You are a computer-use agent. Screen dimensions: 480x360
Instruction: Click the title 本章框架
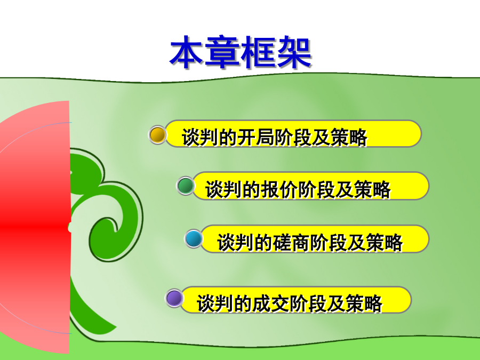click(x=241, y=52)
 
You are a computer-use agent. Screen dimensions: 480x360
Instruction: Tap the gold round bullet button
click(x=157, y=135)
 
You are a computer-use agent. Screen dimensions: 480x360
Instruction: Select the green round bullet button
click(x=186, y=186)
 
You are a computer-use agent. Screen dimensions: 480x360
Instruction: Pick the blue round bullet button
click(x=194, y=239)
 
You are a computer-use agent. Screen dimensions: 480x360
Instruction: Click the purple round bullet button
click(x=174, y=298)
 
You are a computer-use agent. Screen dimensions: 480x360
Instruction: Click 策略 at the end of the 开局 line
click(x=349, y=137)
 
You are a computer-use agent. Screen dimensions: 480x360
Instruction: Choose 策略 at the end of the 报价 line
click(x=373, y=189)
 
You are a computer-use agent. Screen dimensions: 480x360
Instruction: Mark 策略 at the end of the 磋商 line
click(x=384, y=243)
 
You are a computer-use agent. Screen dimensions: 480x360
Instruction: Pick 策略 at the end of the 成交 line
click(x=364, y=303)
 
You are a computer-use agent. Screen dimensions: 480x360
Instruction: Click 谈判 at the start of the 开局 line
click(x=200, y=137)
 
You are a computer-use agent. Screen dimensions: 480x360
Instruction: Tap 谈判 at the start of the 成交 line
click(x=215, y=303)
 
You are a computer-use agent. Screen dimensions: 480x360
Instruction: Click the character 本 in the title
click(x=187, y=52)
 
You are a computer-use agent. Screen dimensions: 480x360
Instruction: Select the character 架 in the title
click(x=294, y=52)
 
